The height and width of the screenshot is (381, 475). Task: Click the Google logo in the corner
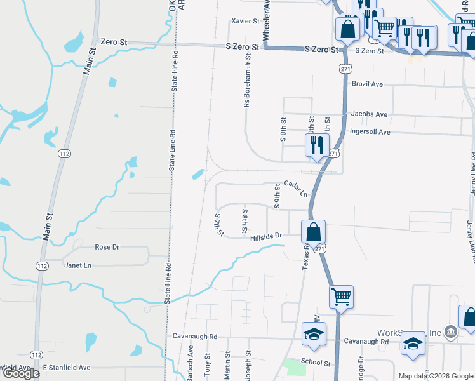[22, 373]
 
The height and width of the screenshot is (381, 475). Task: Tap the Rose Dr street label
[107, 247]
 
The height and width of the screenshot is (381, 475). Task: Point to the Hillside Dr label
[265, 236]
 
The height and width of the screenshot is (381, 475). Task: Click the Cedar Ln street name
[295, 188]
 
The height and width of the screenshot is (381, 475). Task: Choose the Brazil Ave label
[368, 84]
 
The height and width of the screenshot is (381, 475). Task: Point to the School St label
[316, 363]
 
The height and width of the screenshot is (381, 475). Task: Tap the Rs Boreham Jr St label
[248, 79]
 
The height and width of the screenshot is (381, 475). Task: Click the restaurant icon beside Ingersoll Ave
[316, 145]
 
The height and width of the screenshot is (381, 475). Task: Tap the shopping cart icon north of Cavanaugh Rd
[342, 297]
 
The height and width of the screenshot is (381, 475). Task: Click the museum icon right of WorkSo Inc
[450, 330]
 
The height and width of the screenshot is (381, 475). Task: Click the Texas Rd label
[305, 257]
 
